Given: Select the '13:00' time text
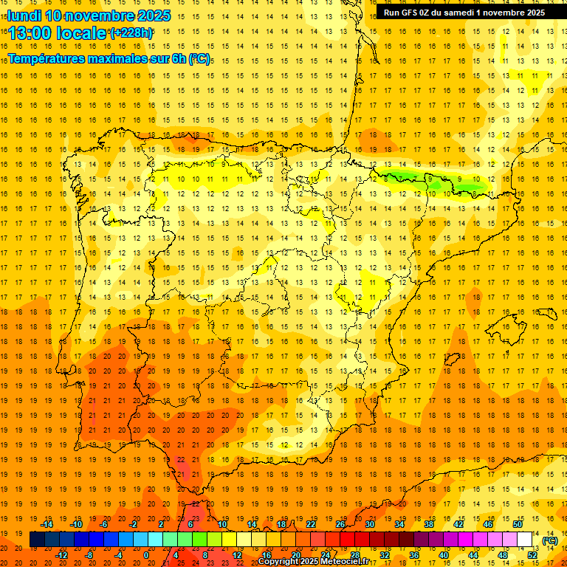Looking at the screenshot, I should [x=31, y=33].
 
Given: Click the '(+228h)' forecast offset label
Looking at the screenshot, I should [x=131, y=33].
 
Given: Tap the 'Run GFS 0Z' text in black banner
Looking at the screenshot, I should [x=408, y=13].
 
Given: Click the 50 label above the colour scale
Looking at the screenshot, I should [x=518, y=524].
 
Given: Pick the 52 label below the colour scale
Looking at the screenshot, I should [x=532, y=554].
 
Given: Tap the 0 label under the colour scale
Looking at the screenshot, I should [x=146, y=554].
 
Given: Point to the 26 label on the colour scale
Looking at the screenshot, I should [x=340, y=524].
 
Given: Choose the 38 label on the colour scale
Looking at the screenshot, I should [x=429, y=524].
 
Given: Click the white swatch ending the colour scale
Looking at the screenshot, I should [x=525, y=540].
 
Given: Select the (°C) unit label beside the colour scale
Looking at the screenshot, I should [x=549, y=540].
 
